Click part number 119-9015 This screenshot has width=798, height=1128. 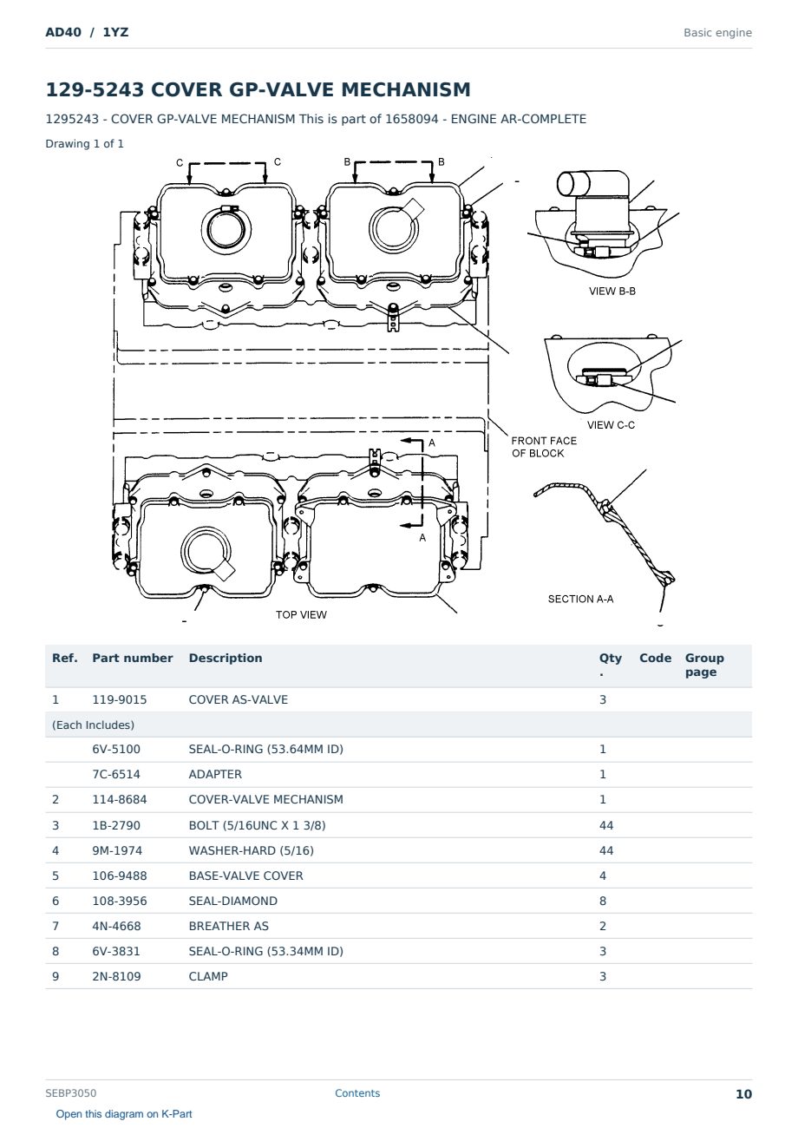pos(120,699)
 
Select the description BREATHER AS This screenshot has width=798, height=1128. pos(229,926)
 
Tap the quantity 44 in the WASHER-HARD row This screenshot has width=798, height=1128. pos(606,850)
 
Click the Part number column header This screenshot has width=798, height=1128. pos(133,658)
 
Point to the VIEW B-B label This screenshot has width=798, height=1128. pos(612,291)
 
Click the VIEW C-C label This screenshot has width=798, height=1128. pos(611,425)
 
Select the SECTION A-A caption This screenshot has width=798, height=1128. pos(580,599)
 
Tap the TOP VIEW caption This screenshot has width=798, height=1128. pos(301,614)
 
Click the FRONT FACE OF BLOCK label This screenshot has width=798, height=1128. pos(544,447)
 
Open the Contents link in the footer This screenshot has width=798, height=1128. pos(357,1092)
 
